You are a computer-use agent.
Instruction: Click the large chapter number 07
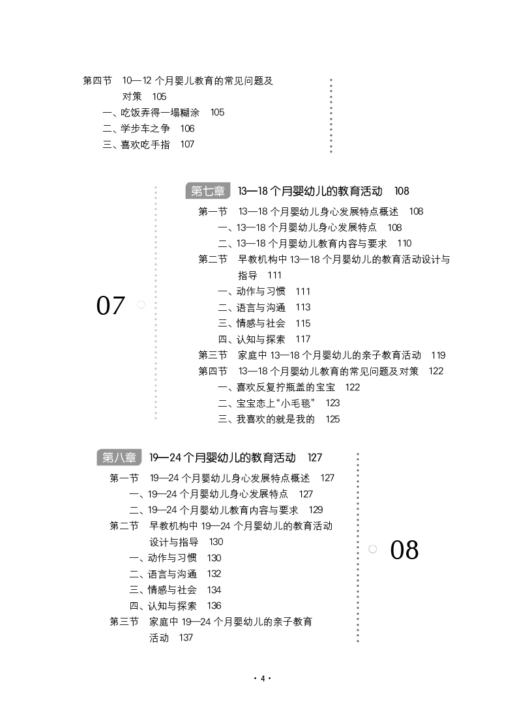(x=110, y=305)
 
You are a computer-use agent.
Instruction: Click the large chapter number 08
(x=404, y=550)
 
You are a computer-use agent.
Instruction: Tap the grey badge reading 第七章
(x=208, y=191)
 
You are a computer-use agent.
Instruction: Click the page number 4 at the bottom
(x=261, y=678)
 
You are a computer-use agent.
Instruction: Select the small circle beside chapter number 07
(x=141, y=304)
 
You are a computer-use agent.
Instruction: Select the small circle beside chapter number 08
(x=372, y=549)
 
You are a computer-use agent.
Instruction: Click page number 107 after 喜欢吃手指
(x=187, y=145)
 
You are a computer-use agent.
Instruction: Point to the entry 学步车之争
(x=144, y=128)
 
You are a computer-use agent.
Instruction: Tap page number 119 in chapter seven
(x=438, y=355)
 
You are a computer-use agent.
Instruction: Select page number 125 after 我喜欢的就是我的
(x=332, y=419)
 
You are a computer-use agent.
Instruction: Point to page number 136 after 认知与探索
(x=214, y=605)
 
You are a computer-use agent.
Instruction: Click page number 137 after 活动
(x=186, y=637)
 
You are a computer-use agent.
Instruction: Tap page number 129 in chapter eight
(x=316, y=510)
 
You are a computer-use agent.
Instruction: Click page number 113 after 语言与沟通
(x=303, y=307)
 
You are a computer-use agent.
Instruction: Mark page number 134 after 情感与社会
(x=214, y=590)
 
